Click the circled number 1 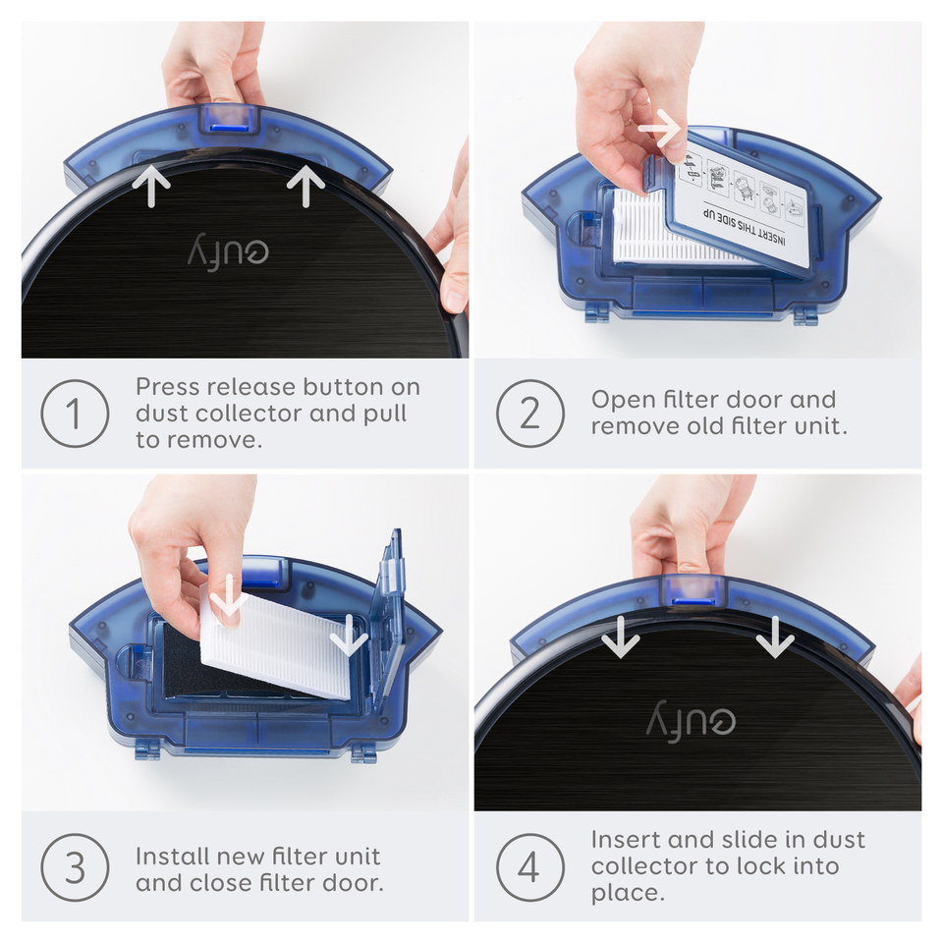point(74,414)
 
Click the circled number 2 point(529,414)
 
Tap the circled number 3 point(74,868)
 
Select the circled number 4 point(529,868)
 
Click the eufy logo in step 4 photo point(691,722)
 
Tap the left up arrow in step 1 point(151,187)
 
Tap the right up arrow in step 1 point(306,186)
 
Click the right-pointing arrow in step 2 point(660,128)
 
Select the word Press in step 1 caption point(166,386)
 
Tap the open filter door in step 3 point(391,609)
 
